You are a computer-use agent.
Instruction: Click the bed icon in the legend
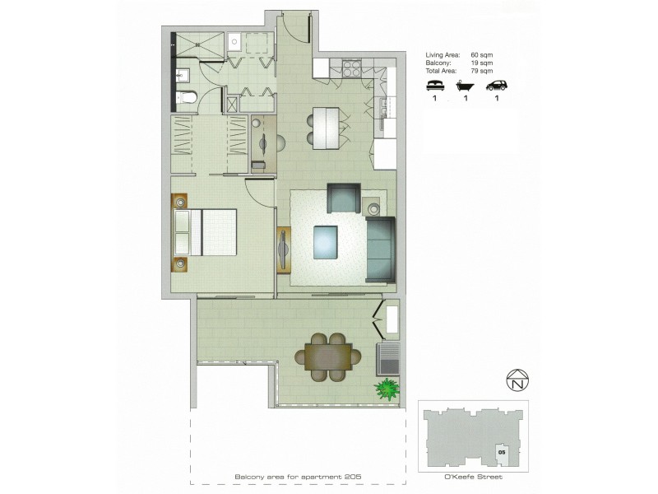(x=433, y=85)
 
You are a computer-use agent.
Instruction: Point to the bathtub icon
(x=466, y=85)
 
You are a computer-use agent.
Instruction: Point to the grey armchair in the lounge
(x=344, y=198)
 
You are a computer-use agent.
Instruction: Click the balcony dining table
(x=328, y=356)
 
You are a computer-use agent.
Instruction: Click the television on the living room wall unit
(x=284, y=247)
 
